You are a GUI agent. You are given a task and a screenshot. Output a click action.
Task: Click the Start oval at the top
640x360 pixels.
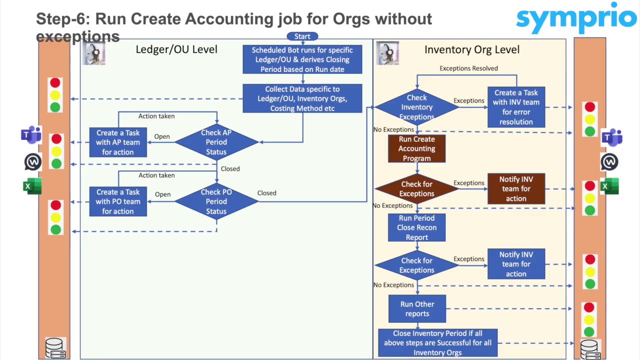302,36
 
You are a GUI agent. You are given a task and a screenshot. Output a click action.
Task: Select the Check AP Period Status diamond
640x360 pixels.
216,142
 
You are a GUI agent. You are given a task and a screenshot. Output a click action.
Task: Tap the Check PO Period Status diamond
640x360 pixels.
216,201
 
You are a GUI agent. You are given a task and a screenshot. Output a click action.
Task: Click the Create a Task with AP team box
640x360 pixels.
118,142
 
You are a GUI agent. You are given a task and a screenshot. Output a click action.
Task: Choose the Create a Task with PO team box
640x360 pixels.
118,201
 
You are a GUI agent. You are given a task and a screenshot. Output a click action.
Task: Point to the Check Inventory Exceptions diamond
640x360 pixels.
416,107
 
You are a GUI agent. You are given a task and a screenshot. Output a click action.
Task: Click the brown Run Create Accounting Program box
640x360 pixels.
416,149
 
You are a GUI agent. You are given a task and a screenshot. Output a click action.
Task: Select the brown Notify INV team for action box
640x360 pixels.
516,189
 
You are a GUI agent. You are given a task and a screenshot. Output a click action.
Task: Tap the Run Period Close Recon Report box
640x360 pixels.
416,227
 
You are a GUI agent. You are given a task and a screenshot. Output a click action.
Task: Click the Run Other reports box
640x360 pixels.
417,309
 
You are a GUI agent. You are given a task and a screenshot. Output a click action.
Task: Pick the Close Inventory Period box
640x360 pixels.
437,343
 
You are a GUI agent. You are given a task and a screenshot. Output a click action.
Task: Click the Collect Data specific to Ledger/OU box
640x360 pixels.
302,98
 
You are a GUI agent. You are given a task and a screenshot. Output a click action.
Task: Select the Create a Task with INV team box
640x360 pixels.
516,107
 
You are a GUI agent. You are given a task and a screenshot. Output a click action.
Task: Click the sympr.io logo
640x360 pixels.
576,19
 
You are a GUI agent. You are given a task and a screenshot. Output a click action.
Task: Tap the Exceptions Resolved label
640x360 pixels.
468,68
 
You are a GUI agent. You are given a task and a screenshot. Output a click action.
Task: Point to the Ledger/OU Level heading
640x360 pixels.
176,49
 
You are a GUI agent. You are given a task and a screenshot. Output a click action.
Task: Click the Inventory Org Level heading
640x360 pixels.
472,49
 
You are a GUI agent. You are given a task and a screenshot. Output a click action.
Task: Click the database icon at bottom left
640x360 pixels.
55,348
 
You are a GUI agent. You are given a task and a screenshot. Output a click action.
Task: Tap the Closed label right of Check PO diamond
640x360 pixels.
266,193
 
